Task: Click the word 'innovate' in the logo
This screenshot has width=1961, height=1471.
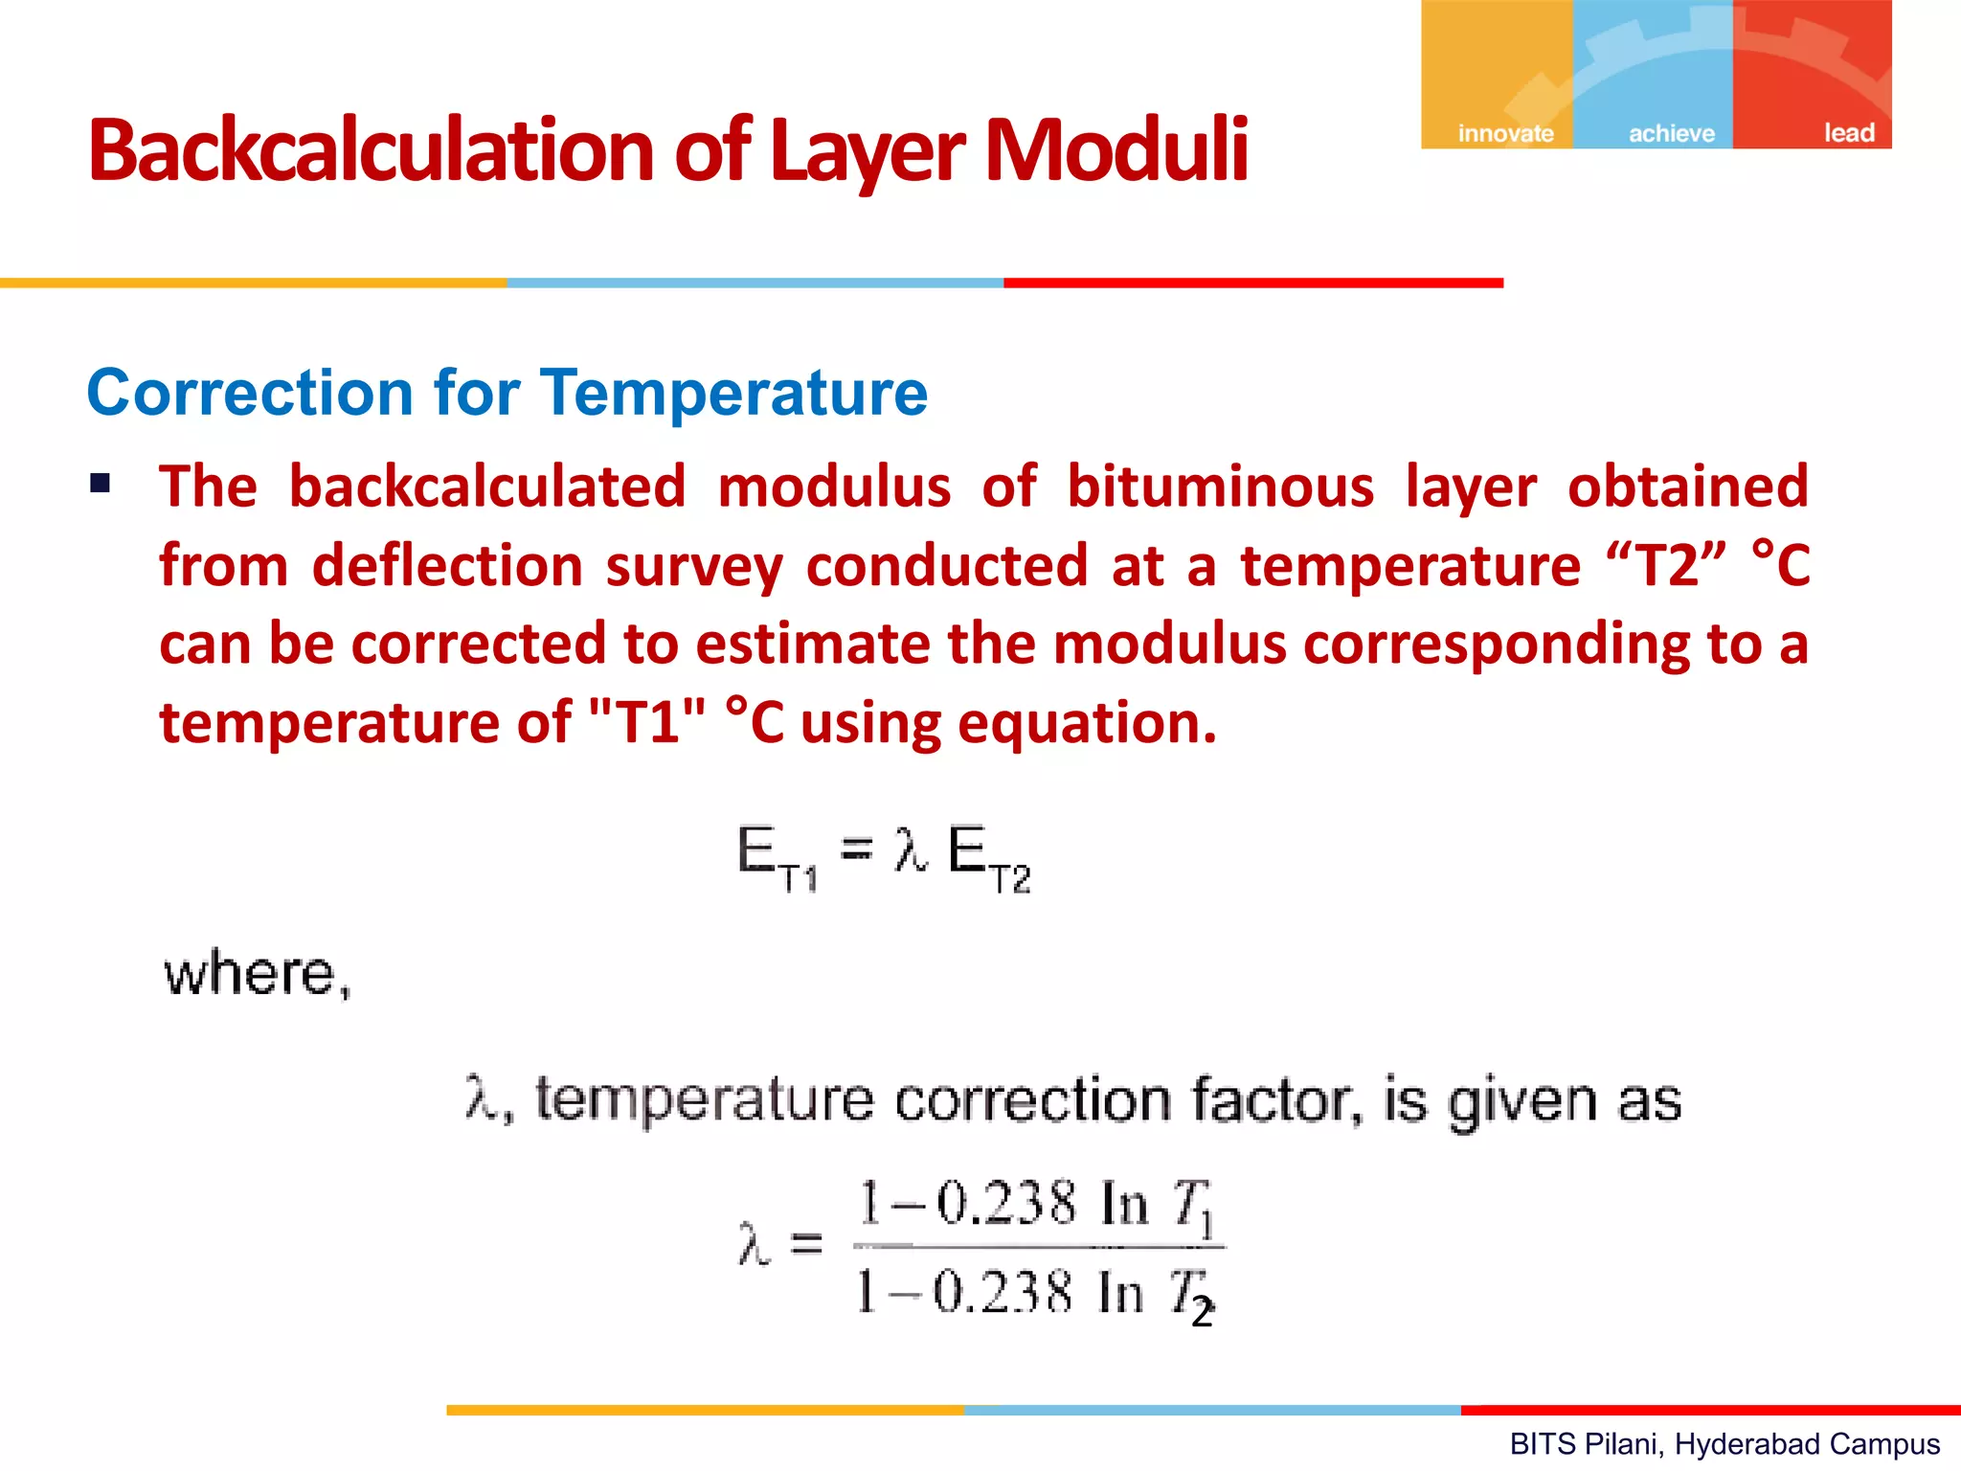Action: (x=1505, y=133)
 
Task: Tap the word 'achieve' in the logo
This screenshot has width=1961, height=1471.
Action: (x=1672, y=133)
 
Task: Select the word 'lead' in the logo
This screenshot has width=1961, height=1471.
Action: (x=1848, y=132)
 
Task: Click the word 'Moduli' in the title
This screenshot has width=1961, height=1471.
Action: (x=1116, y=149)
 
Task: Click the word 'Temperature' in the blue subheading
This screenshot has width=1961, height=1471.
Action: (x=733, y=393)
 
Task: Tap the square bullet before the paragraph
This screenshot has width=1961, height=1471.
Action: (x=101, y=483)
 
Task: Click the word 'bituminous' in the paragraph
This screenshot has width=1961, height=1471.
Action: (x=1220, y=487)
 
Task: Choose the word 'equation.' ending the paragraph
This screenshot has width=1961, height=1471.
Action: (x=1087, y=723)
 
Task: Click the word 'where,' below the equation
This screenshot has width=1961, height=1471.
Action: (x=258, y=974)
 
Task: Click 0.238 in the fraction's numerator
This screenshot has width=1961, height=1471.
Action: (x=1005, y=1203)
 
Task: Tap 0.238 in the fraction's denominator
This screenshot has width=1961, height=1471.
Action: (x=1002, y=1292)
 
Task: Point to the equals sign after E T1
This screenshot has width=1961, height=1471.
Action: (x=856, y=849)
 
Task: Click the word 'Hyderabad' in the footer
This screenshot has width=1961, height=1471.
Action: (x=1738, y=1443)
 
